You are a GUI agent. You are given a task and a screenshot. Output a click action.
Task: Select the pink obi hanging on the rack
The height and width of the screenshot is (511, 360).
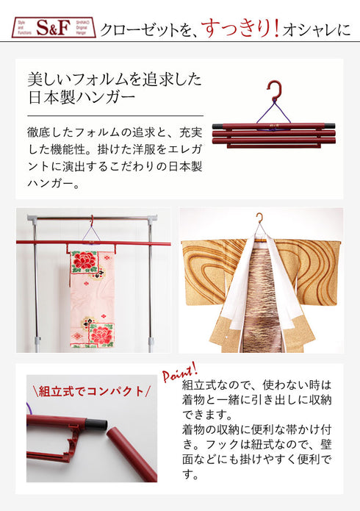point(92,298)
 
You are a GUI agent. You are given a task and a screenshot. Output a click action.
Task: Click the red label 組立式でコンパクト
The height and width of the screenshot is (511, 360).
point(90,390)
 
